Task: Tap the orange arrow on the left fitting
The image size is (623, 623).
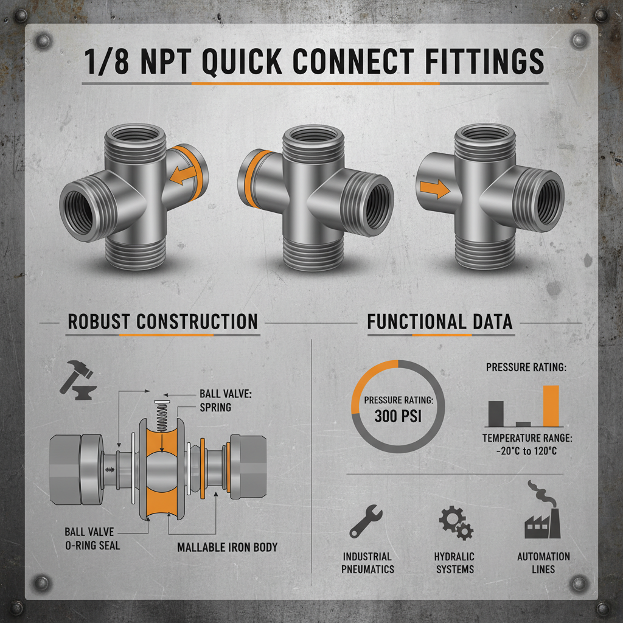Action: [x=181, y=175]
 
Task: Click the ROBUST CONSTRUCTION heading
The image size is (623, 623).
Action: [x=162, y=321]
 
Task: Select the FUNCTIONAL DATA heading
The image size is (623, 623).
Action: [x=440, y=321]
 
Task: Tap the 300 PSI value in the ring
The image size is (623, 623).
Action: [x=398, y=417]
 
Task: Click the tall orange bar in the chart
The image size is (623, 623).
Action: [x=551, y=405]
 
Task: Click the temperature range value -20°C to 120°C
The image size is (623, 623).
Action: [x=527, y=451]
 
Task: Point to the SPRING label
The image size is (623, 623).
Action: [x=215, y=407]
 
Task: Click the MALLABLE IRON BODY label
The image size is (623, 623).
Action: [x=227, y=547]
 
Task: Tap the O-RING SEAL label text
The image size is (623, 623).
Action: [x=92, y=545]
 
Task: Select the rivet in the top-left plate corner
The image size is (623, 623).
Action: [x=43, y=41]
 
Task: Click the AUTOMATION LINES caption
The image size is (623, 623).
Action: [x=543, y=563]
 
